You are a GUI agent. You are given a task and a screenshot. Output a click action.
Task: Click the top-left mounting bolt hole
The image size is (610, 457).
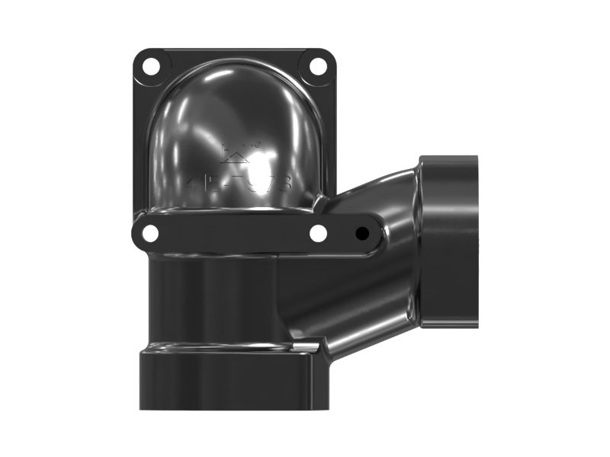tap(151, 66)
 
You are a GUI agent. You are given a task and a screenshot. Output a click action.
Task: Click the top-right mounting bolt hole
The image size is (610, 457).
tap(318, 66)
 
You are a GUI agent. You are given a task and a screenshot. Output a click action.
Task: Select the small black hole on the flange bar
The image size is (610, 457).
tap(363, 234)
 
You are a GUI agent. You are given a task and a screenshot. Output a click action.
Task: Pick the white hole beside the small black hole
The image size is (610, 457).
tap(319, 234)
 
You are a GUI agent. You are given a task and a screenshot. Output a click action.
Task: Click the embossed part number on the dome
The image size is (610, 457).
tap(239, 184)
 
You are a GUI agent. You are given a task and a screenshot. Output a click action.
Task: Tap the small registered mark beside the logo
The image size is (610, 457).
tap(257, 144)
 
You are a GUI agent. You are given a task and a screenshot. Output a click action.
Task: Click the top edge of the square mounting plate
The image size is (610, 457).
tap(235, 52)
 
